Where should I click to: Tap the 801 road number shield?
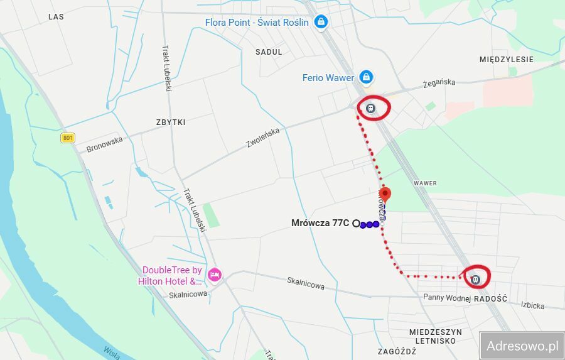click(68, 138)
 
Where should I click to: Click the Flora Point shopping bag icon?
click(321, 23)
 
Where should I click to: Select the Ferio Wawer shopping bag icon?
click(366, 78)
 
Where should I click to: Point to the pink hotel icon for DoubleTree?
click(215, 275)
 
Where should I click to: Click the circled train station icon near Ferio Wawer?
click(371, 108)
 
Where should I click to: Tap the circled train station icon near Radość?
click(475, 278)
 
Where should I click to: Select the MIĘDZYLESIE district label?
click(506, 60)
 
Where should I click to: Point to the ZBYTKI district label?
click(171, 123)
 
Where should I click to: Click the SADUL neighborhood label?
click(269, 52)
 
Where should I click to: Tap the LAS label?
click(56, 17)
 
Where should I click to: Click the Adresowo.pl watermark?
click(522, 346)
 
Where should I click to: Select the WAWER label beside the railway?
click(424, 183)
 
